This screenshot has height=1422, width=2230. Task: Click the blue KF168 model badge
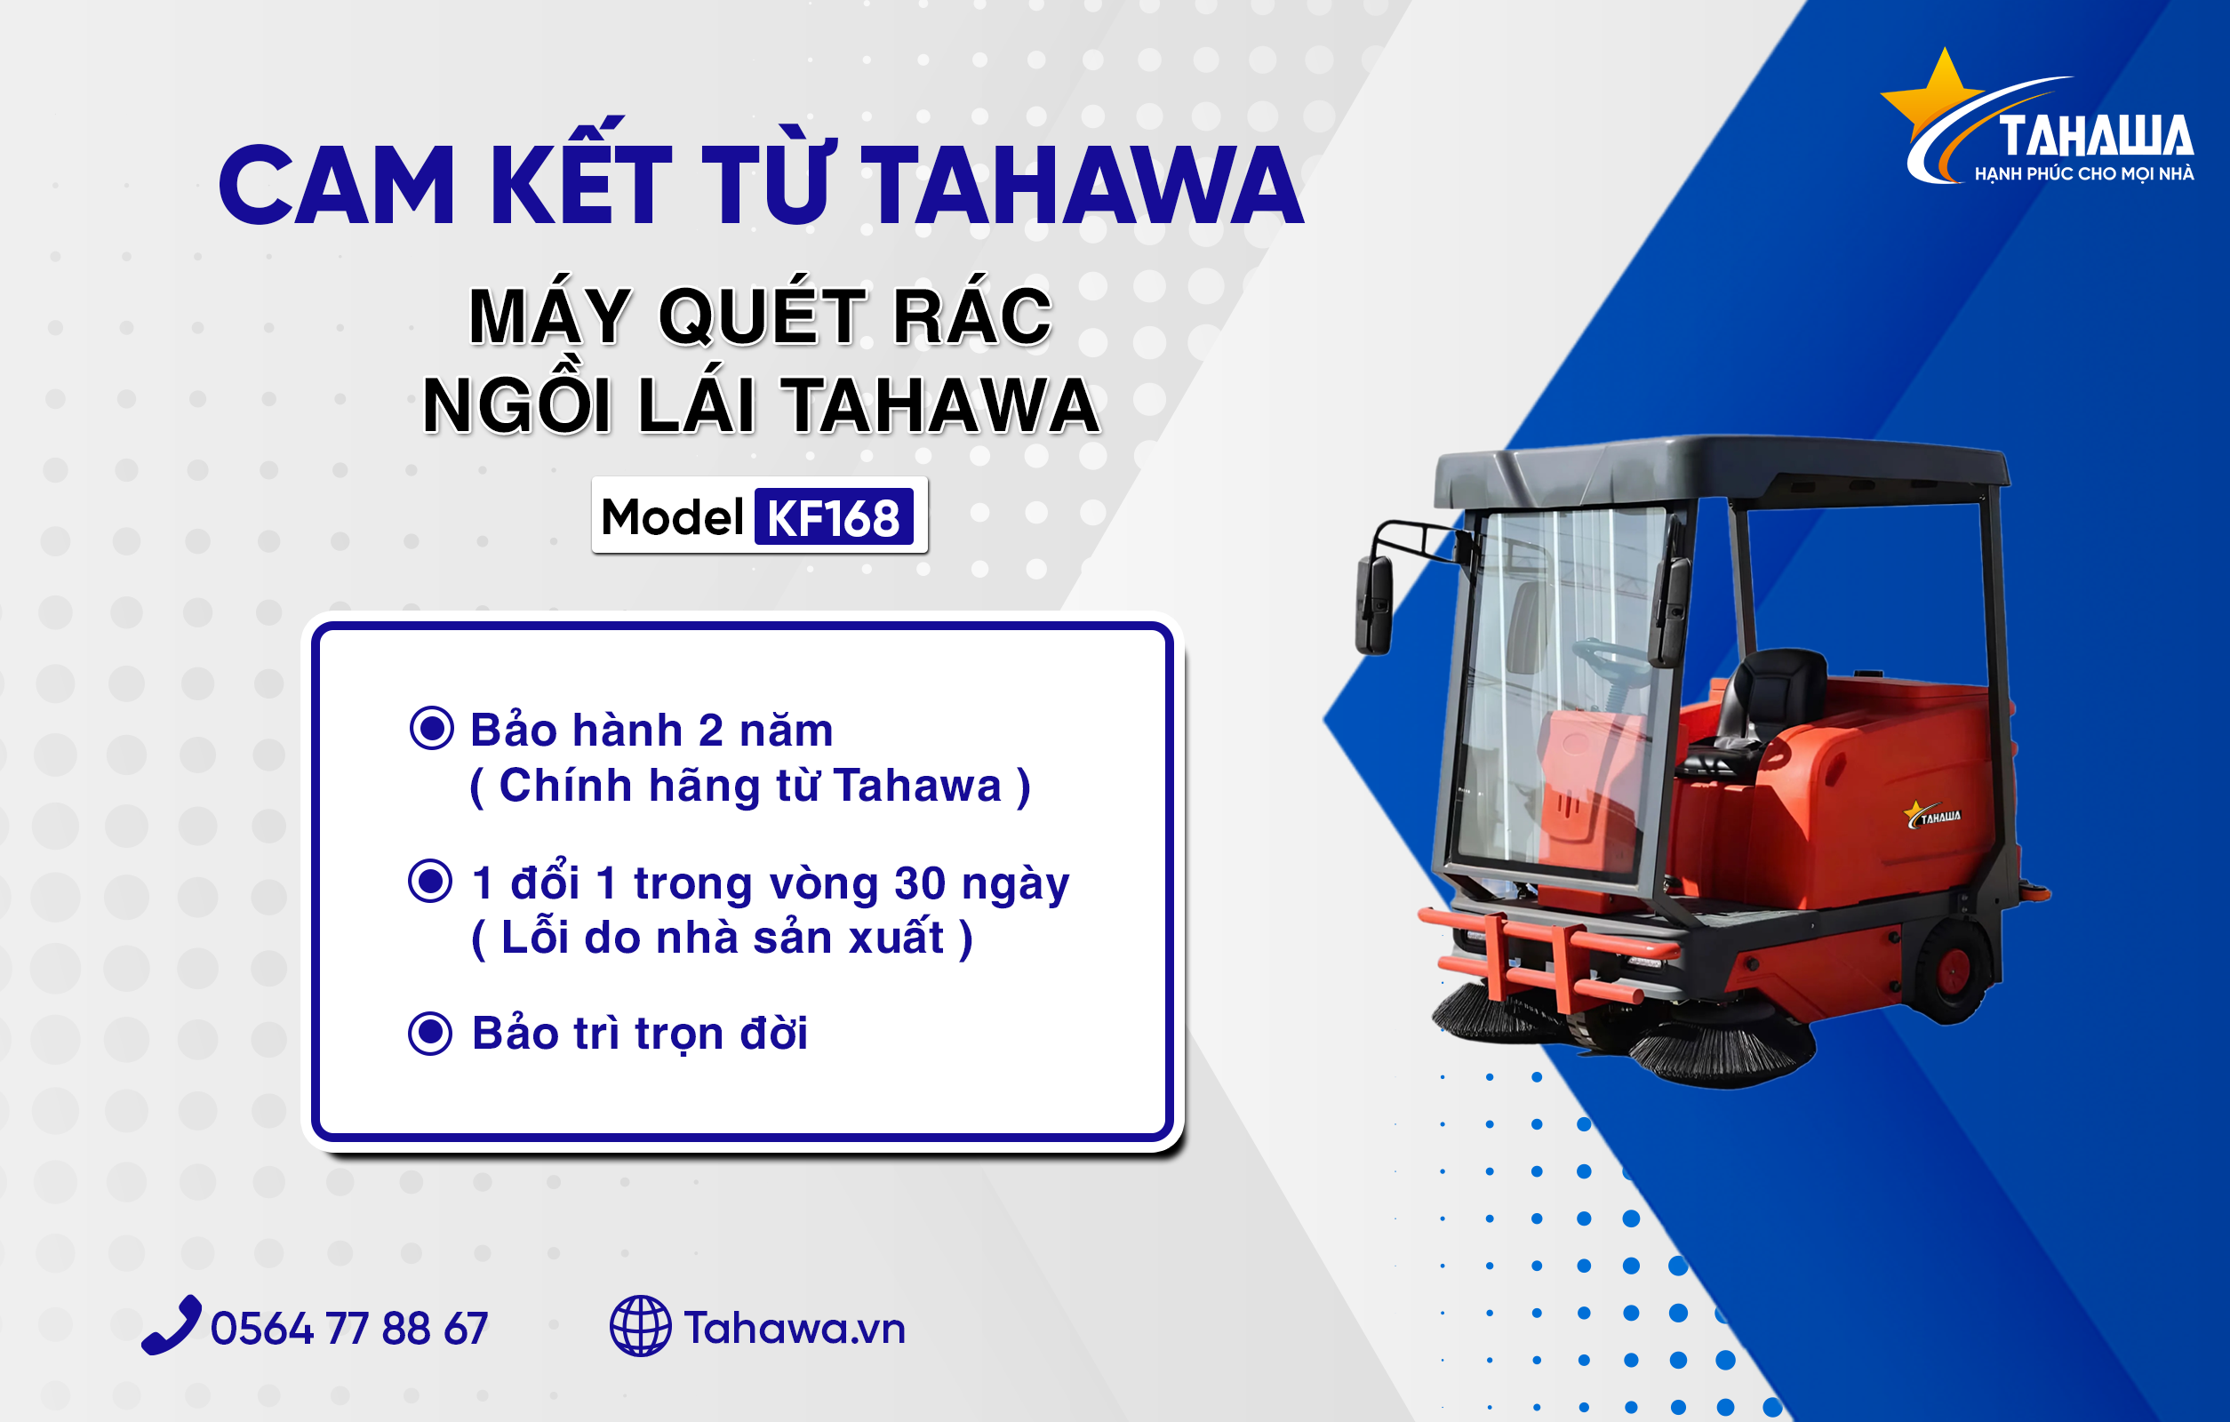[834, 516]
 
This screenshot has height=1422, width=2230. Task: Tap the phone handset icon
[172, 1325]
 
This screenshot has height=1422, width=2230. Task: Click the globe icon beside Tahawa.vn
[640, 1326]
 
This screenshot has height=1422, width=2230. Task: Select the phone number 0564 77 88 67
[349, 1329]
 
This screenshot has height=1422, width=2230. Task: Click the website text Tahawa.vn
[795, 1329]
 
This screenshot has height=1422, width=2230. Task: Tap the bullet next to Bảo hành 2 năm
[432, 728]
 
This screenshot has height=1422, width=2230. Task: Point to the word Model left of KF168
[672, 516]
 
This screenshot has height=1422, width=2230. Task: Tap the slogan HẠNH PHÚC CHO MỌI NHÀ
[2083, 174]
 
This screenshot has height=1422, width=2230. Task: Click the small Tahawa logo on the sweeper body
[1933, 815]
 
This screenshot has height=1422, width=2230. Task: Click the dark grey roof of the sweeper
[1722, 467]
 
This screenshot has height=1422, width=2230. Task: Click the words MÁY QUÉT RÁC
[760, 316]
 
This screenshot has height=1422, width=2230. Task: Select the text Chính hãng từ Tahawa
[750, 785]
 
